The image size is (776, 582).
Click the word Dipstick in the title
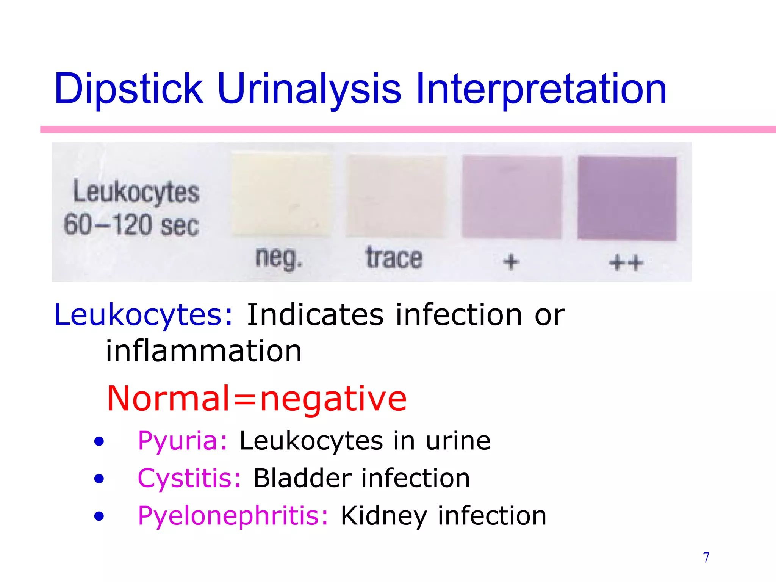coord(128,89)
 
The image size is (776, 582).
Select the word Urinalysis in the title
coord(309,89)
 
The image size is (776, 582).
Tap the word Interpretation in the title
coord(541,89)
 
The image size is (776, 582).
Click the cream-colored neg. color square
coord(281,195)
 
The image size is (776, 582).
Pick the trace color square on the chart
coord(396,196)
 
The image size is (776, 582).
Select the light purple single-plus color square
coord(512,197)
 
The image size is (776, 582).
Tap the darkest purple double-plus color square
coord(627,198)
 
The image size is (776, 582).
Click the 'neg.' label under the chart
coord(279,258)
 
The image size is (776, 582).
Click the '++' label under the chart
coord(626,263)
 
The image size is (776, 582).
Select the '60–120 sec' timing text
coord(131,225)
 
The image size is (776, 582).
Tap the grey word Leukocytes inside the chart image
coord(136,192)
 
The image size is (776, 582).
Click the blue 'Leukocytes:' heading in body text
coord(143,315)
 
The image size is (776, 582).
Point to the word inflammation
coord(203,351)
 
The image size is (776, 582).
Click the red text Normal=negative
coord(257,398)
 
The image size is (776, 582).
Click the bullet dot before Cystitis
coord(99,479)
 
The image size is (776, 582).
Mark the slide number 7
coord(706,557)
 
